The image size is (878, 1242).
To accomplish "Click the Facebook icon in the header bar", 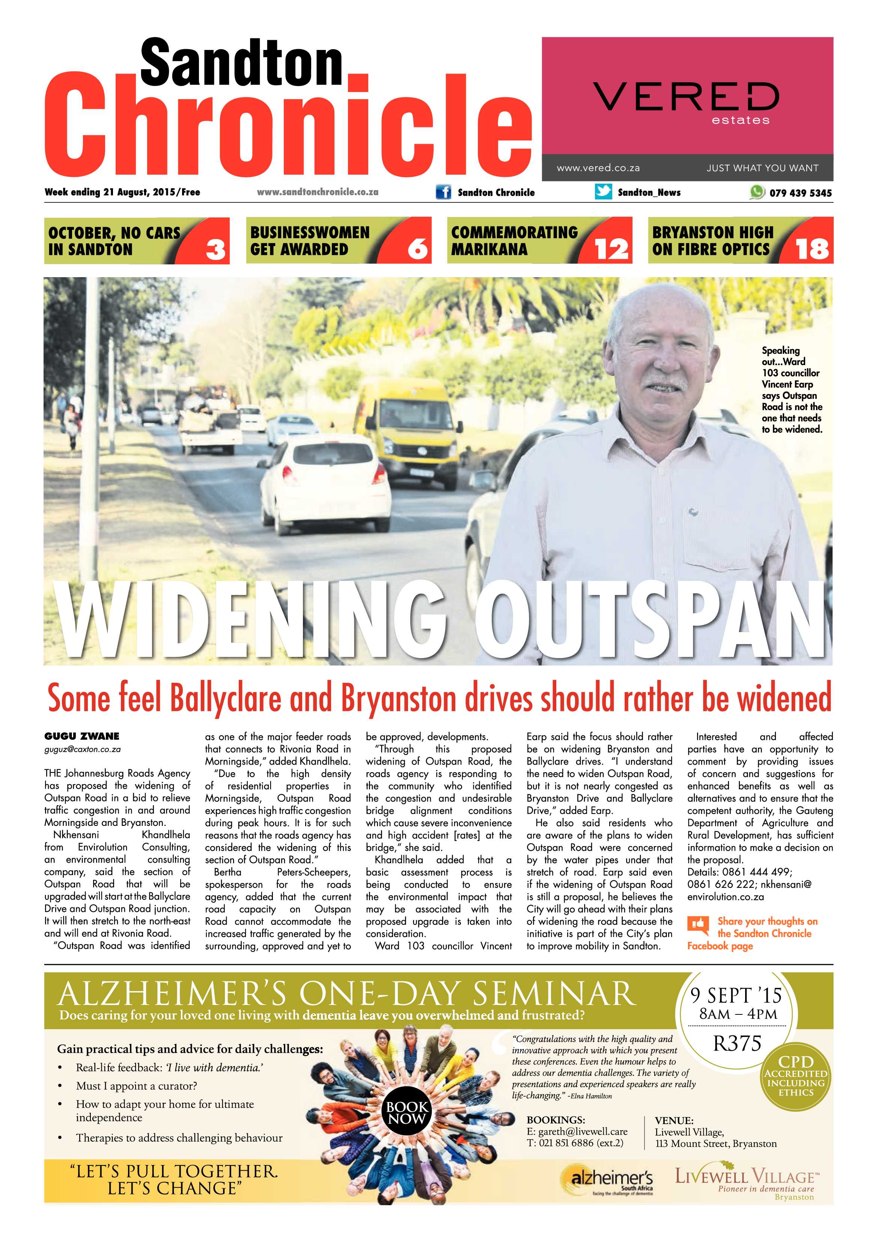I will [x=443, y=192].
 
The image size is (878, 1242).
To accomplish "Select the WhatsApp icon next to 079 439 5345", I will [x=757, y=192].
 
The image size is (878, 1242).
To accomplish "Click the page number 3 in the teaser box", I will [x=215, y=250].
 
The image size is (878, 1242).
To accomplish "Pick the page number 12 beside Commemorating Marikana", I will [x=611, y=250].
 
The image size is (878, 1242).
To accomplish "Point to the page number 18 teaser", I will [x=812, y=250].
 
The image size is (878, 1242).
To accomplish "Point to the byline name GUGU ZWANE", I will [x=81, y=736].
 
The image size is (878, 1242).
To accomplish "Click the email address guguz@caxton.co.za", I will [x=82, y=749].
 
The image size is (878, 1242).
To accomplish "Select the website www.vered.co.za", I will [x=598, y=168].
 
